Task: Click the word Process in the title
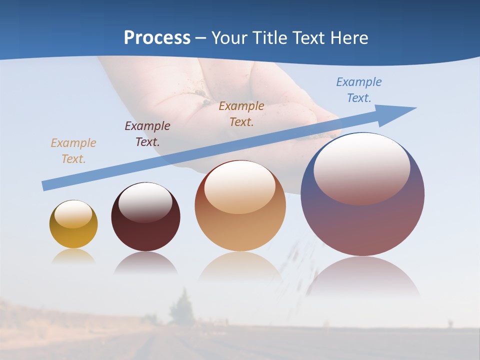pos(157,38)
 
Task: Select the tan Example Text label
pos(73,151)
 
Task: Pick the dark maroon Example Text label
pos(147,134)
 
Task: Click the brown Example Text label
pos(241,114)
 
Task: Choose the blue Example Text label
pos(358,90)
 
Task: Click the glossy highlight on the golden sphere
pos(73,214)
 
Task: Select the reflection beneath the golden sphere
pos(73,257)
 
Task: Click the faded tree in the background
pos(181,309)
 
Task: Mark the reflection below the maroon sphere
pos(145,263)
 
